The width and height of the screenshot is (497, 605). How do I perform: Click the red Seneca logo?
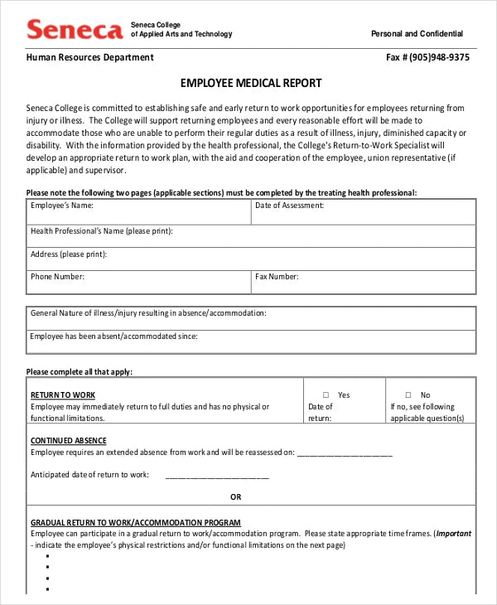(x=75, y=31)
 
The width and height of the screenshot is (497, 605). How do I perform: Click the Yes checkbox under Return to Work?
(x=326, y=395)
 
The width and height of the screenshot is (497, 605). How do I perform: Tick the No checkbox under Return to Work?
(x=408, y=395)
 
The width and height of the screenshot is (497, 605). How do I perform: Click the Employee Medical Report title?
(x=251, y=84)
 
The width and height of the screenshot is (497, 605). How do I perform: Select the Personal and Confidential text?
(x=417, y=34)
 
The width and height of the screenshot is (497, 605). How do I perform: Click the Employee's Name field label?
(x=62, y=205)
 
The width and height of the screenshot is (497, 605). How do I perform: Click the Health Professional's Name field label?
(x=102, y=231)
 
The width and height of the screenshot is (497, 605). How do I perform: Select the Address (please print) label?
(x=69, y=254)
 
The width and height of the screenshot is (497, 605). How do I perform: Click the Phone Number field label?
(x=58, y=277)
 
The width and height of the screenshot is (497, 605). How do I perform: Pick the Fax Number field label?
(x=277, y=277)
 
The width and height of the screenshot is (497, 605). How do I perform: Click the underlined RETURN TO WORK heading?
(x=63, y=394)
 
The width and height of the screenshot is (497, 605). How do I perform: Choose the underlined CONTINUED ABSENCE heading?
(x=69, y=441)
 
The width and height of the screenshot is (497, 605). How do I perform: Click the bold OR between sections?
(x=236, y=497)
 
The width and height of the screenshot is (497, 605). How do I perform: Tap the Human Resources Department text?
(x=89, y=58)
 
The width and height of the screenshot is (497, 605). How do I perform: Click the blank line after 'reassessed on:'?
(x=345, y=453)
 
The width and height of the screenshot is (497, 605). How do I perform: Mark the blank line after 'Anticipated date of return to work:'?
(x=217, y=476)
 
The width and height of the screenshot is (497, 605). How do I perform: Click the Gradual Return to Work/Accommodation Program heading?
(x=136, y=523)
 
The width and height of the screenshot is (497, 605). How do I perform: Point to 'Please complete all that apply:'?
(x=80, y=372)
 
